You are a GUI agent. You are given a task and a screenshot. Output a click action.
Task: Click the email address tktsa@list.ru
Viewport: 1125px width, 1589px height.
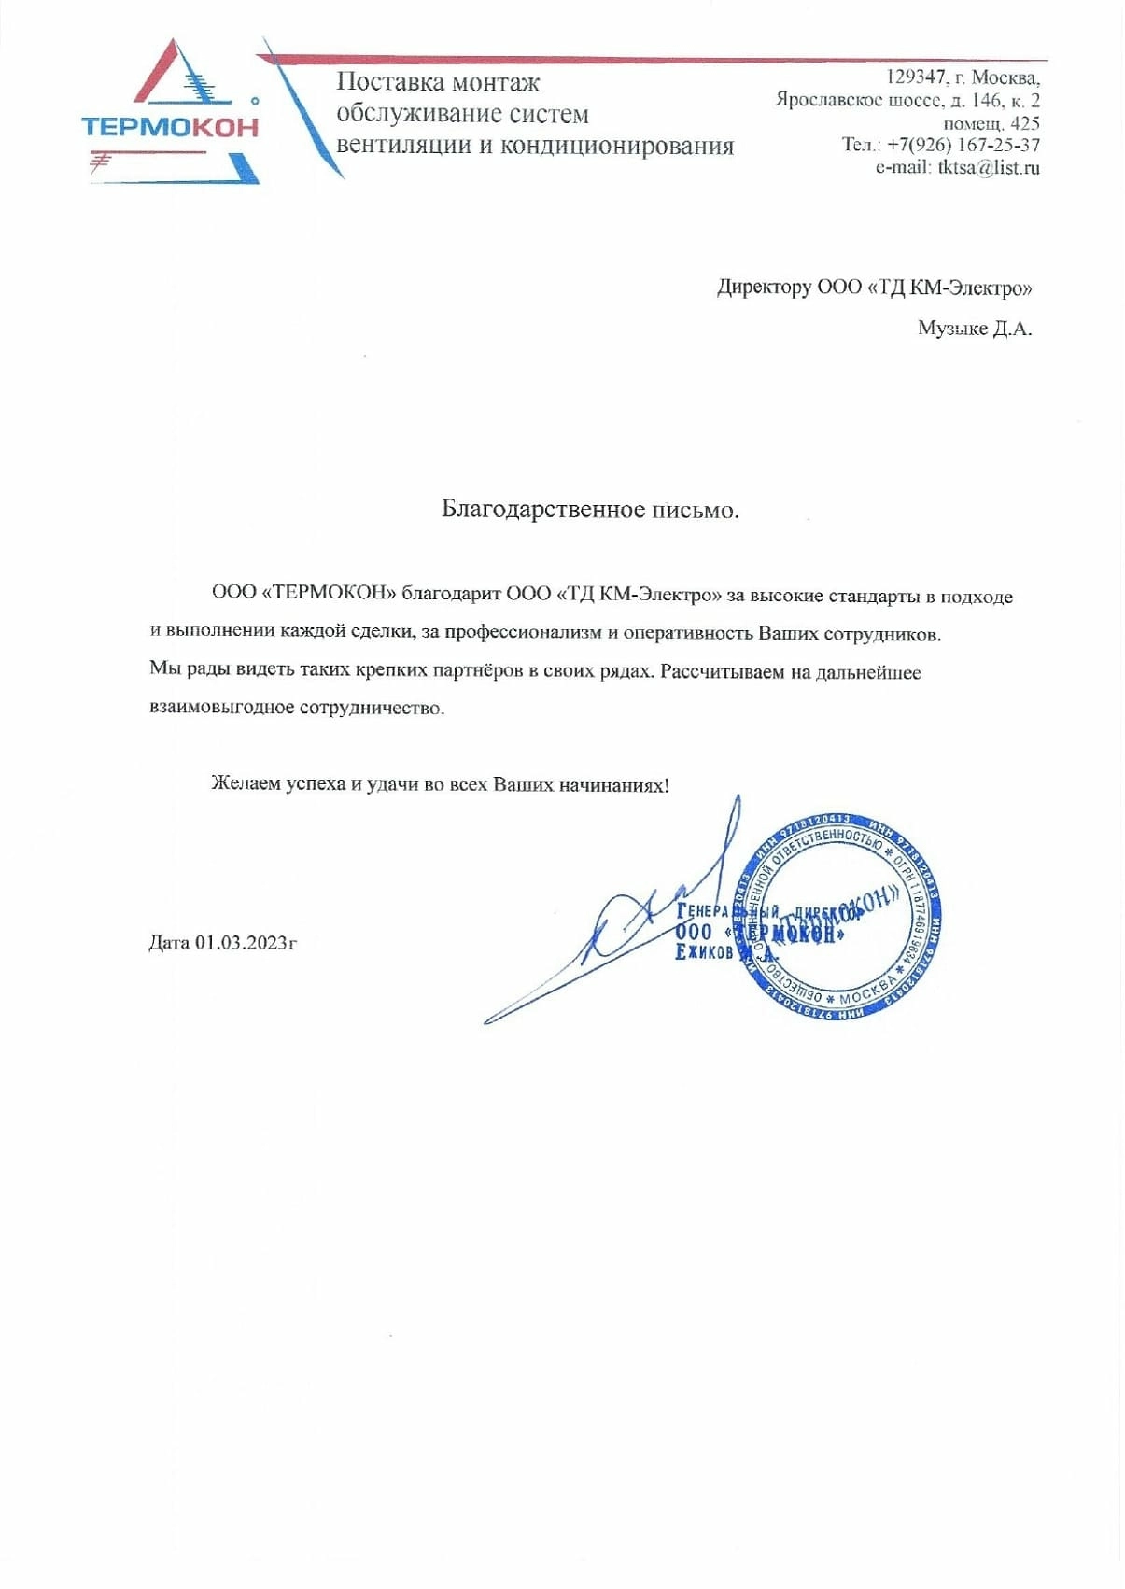pos(989,168)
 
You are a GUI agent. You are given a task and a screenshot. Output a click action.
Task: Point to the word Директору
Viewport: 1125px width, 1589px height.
pos(764,288)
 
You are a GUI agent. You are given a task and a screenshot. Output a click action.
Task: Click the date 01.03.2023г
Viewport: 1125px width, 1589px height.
pos(246,942)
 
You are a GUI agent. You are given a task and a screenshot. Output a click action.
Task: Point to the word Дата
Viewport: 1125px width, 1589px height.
pos(169,942)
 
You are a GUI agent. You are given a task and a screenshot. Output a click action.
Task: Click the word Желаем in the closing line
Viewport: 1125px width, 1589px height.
pos(246,784)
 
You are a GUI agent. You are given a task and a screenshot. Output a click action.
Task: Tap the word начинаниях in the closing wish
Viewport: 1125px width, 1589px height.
pos(613,784)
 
